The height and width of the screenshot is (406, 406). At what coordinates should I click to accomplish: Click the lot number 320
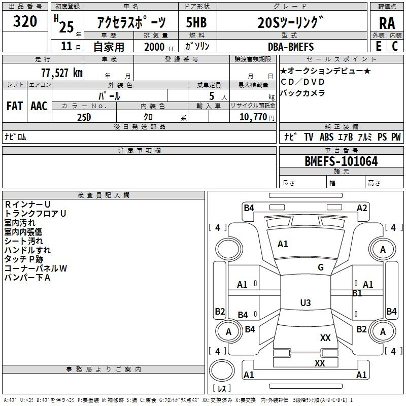[25, 22]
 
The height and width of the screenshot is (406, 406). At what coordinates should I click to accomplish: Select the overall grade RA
[387, 23]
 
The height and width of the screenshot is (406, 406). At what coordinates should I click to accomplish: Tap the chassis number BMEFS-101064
[341, 161]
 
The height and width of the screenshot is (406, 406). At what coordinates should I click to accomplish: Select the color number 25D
[84, 117]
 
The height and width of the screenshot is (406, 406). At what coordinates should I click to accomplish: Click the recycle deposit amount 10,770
[252, 117]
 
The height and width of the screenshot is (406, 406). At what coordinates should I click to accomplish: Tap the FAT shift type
[15, 106]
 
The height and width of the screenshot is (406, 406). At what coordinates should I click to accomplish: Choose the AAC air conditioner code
[39, 106]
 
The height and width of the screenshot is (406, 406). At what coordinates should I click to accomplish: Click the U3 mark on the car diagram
[305, 302]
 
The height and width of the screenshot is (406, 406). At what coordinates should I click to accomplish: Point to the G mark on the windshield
[321, 267]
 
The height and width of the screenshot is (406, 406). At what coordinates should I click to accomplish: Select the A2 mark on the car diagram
[362, 208]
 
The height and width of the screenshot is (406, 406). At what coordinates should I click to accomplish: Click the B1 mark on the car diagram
[357, 293]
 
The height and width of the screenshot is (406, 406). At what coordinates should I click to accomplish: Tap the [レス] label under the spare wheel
[222, 389]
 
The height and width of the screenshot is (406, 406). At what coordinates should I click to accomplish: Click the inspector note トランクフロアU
[36, 214]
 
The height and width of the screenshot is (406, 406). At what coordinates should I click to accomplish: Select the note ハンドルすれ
[27, 250]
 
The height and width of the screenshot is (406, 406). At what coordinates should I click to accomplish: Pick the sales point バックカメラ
[302, 93]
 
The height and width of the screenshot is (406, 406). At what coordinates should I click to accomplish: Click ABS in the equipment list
[326, 137]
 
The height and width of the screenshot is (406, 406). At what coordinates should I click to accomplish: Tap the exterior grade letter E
[378, 46]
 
